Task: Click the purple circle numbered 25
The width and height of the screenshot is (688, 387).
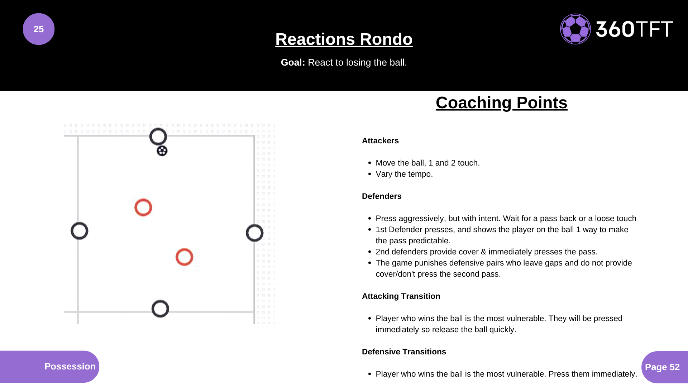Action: [39, 29]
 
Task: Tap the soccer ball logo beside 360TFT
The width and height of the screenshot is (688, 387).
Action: [575, 29]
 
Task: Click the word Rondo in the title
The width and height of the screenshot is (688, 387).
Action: [386, 39]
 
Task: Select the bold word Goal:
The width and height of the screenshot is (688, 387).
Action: [293, 62]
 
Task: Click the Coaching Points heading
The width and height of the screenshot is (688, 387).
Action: [501, 103]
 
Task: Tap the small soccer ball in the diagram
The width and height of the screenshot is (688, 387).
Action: [162, 151]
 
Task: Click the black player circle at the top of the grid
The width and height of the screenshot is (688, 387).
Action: [158, 137]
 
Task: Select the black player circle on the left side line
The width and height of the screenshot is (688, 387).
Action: [80, 231]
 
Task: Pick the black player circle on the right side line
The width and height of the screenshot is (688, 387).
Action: [254, 233]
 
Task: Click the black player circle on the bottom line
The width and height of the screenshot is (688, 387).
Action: [160, 309]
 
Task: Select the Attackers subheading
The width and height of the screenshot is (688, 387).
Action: [380, 141]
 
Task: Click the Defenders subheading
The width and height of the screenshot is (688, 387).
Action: [382, 196]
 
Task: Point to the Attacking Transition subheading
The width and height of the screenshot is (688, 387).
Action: [401, 296]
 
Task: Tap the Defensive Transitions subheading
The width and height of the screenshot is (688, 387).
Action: [404, 352]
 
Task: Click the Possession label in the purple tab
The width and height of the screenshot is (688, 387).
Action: [70, 366]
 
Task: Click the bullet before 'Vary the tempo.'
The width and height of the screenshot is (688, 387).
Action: [369, 174]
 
